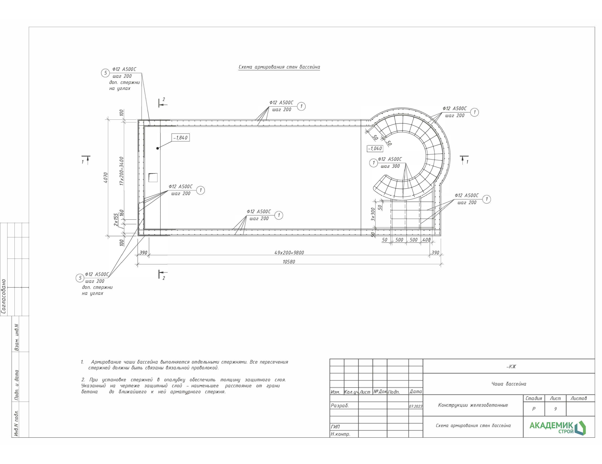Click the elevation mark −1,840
tap(181, 138)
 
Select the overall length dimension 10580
tap(289, 261)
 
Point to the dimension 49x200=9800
tap(289, 252)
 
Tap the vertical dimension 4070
tap(106, 178)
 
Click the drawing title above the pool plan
tap(279, 67)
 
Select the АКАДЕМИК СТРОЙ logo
tap(558, 428)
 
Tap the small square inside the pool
tap(153, 177)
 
